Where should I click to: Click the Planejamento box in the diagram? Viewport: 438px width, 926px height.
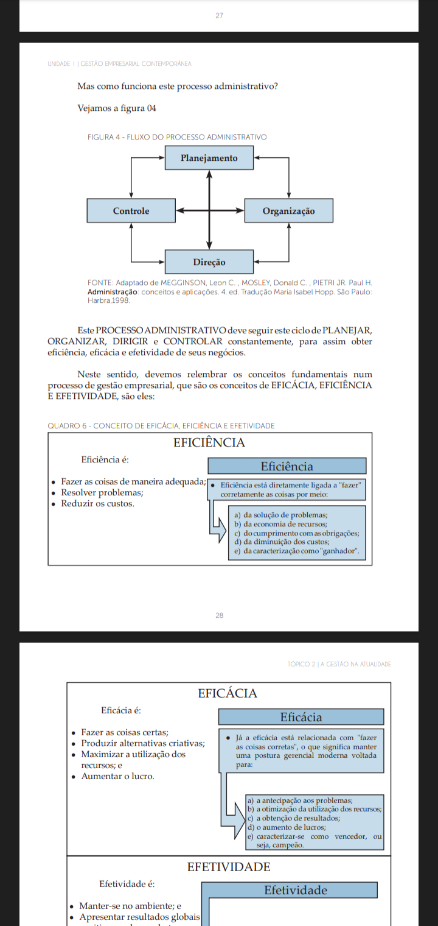pos(209,158)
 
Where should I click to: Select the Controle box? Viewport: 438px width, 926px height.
pos(131,211)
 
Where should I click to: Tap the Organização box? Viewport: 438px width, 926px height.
pos(288,211)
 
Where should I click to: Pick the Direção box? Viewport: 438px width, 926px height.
pos(209,262)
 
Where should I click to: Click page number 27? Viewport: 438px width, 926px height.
pos(219,15)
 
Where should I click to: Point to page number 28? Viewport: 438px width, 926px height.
pos(219,615)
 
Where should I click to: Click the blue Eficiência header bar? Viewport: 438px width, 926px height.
pos(287,467)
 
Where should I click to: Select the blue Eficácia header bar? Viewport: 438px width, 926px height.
pos(301,717)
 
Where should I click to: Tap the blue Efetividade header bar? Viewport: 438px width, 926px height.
pos(296,890)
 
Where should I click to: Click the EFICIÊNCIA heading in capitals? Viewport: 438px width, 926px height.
pos(209,443)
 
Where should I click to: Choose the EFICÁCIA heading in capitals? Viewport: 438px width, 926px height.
pos(228,693)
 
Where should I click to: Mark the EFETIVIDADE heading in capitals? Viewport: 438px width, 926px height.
pos(229,866)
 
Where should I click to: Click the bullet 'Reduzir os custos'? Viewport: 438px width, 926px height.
pos(97,504)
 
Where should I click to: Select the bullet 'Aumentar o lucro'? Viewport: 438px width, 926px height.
pos(117,776)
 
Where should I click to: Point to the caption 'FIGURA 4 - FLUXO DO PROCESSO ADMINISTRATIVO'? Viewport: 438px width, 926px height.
pos(178,137)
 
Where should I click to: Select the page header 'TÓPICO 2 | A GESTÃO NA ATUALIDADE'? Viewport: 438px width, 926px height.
pos(339,663)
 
